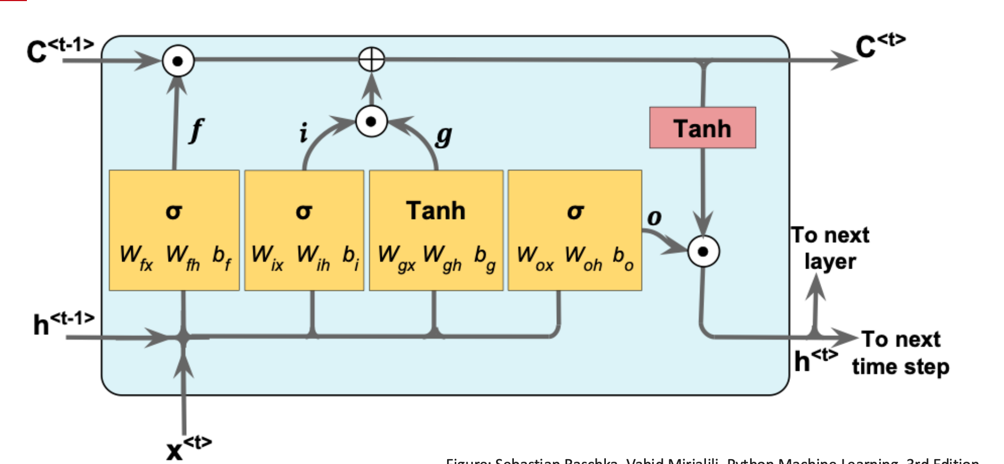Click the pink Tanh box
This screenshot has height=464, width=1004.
click(702, 128)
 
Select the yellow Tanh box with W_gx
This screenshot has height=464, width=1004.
click(436, 230)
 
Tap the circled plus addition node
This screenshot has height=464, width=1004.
click(371, 59)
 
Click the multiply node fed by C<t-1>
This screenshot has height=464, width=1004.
click(178, 61)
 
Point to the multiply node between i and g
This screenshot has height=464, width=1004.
click(371, 121)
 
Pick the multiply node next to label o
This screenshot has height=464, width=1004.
click(703, 251)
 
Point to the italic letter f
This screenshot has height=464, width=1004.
click(197, 130)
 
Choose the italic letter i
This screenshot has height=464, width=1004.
click(303, 132)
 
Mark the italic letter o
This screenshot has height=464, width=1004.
click(654, 217)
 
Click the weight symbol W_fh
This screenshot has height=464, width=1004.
click(182, 256)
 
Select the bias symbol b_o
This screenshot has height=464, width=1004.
click(623, 257)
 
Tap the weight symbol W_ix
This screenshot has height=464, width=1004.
click(267, 256)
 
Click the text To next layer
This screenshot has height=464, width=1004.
click(830, 248)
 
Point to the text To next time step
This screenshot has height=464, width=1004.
click(901, 353)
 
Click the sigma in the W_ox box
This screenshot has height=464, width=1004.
click(575, 212)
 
